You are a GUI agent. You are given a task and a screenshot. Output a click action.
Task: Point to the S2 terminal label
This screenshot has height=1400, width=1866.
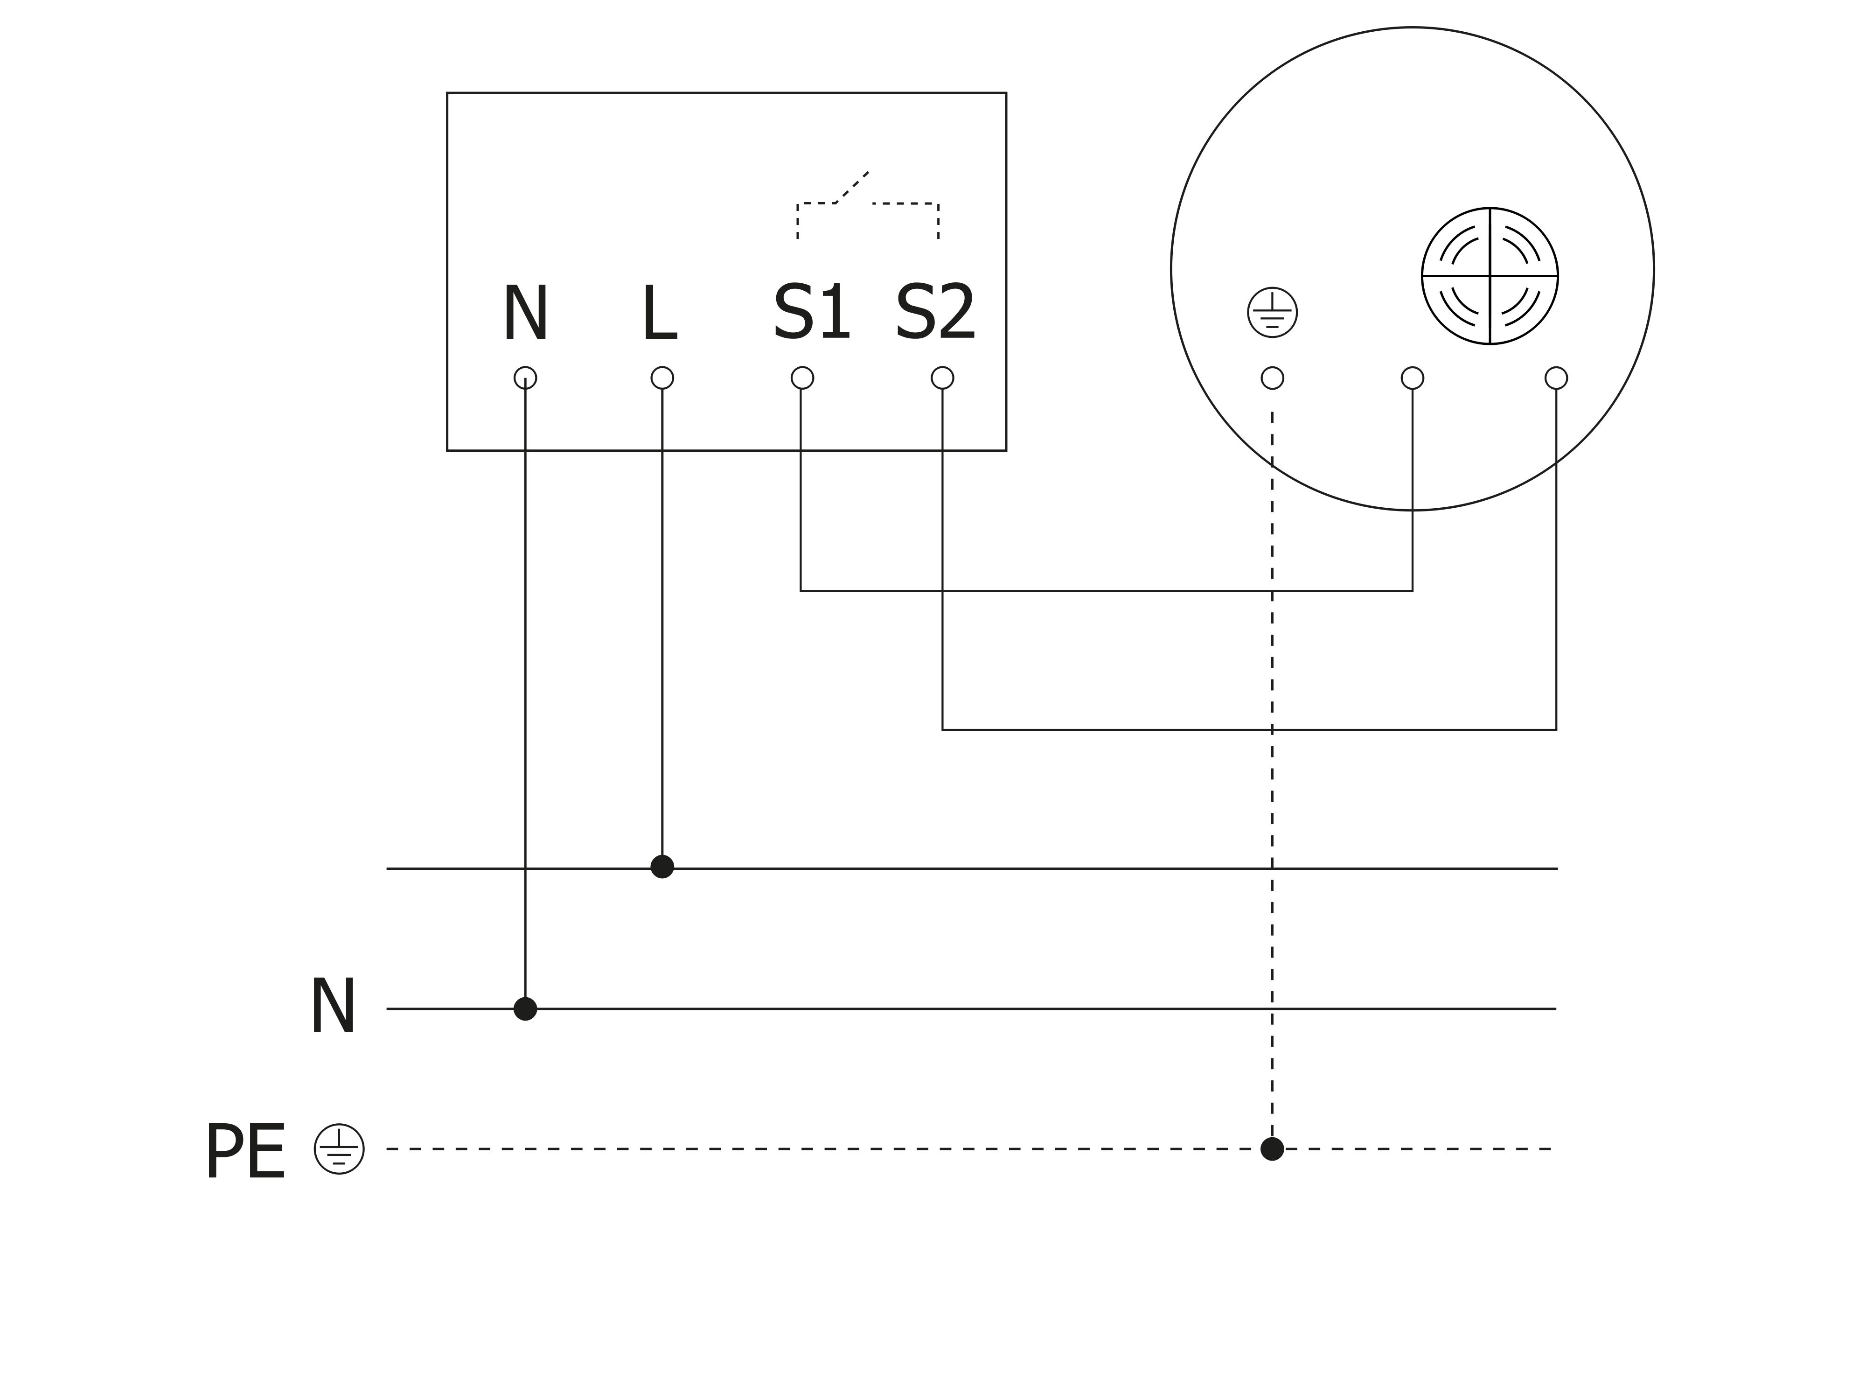pyautogui.click(x=935, y=312)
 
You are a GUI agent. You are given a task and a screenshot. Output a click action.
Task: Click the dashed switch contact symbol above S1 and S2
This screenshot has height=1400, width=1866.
pyautogui.click(x=867, y=205)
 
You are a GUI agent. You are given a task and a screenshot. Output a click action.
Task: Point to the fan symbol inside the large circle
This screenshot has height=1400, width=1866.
pyautogui.click(x=1489, y=276)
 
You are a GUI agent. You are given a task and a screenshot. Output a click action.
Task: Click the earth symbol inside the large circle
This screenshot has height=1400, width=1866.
pyautogui.click(x=1272, y=312)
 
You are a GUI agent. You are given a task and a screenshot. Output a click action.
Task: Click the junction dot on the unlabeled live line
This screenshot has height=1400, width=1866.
pyautogui.click(x=662, y=867)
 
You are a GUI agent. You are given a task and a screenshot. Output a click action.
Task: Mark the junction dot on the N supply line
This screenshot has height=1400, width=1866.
pyautogui.click(x=525, y=1008)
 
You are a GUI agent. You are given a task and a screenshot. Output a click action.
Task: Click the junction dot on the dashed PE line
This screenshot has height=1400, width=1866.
pyautogui.click(x=1272, y=1148)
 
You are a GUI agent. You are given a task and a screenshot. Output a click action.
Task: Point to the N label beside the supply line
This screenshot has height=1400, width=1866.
pyautogui.click(x=332, y=1006)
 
